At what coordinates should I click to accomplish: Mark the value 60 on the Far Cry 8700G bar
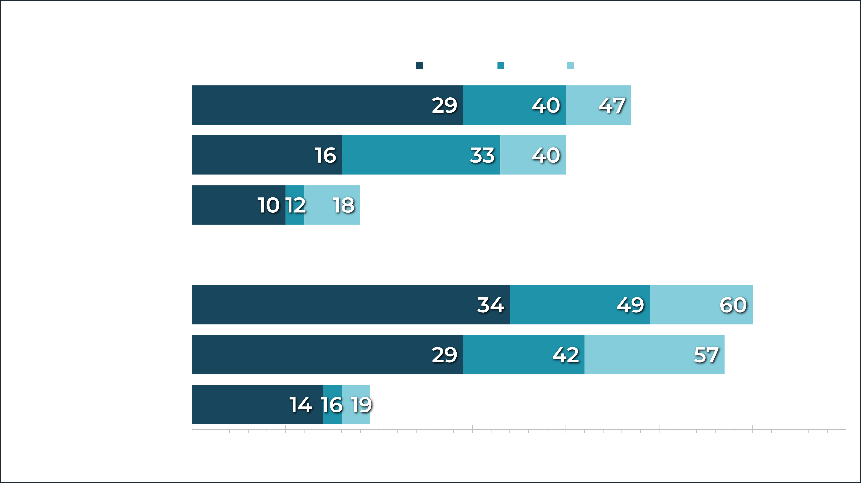[x=733, y=305]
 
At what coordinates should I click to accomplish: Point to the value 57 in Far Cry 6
[x=706, y=355]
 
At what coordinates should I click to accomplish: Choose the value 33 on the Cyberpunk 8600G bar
[x=482, y=156]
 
